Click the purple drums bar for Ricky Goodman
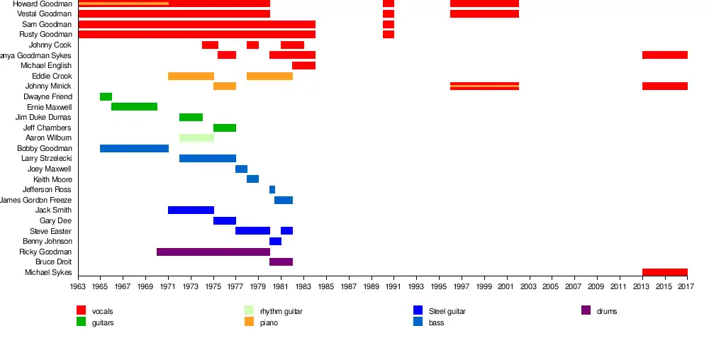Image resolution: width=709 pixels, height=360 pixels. pos(213,252)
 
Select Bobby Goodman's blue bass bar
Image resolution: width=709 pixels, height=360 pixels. pos(134,148)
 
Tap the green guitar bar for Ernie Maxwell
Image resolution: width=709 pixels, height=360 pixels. pos(134,107)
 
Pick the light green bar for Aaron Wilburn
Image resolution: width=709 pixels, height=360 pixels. pos(196,137)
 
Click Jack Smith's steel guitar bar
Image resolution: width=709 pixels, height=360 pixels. pos(191,210)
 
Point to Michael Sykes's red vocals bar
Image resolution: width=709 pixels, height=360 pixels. pos(664,272)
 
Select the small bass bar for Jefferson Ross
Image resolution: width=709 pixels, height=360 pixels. pos(272,190)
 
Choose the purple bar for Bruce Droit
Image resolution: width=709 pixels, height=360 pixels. pos(281,262)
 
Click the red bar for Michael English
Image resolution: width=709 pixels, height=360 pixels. pos(303,66)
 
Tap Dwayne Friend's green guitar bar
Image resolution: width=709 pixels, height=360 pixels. pos(106,96)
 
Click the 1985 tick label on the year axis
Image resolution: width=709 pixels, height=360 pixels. pos(326,286)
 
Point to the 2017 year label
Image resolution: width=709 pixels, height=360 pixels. pos(686,286)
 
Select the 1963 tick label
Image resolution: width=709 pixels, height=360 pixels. pos(78,286)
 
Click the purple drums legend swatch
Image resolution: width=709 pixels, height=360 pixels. pos(586,310)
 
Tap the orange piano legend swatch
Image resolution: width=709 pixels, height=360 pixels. pos(249,322)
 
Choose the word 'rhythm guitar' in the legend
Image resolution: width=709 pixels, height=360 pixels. pos(281,311)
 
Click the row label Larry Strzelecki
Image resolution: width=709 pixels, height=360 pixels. pos(47,159)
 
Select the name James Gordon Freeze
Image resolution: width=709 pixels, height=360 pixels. pos(36,200)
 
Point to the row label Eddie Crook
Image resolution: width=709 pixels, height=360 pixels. pos(52,76)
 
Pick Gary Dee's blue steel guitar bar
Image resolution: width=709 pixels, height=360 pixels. pos(224,221)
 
